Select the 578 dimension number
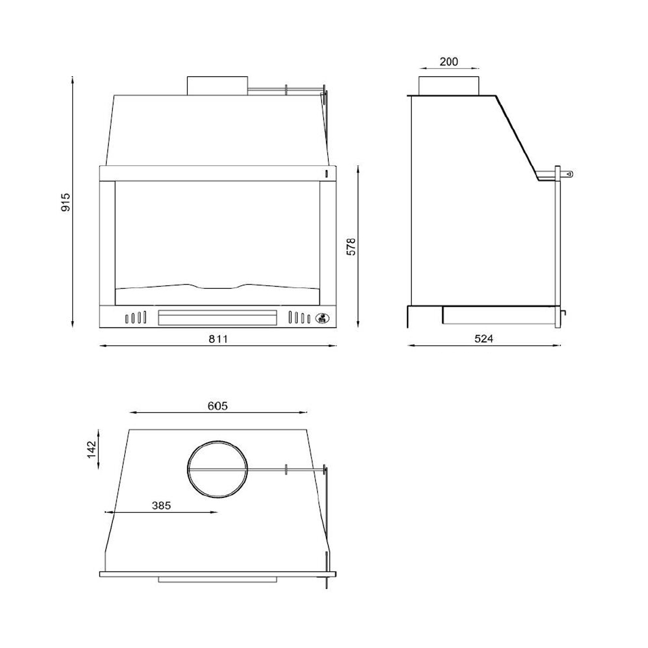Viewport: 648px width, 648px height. pyautogui.click(x=352, y=246)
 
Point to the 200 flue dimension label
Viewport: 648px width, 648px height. pyautogui.click(x=449, y=62)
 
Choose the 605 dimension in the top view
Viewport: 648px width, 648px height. pyautogui.click(x=217, y=406)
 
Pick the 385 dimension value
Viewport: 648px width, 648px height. pyautogui.click(x=161, y=505)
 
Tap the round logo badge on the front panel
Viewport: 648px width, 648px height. pyautogui.click(x=322, y=318)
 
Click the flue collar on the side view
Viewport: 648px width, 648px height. pyautogui.click(x=448, y=85)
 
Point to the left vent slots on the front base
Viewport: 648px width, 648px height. pyautogui.click(x=136, y=318)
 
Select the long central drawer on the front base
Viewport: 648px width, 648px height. pyautogui.click(x=217, y=318)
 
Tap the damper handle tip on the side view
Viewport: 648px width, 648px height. pyautogui.click(x=569, y=174)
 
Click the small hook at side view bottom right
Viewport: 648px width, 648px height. pyautogui.click(x=564, y=313)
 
